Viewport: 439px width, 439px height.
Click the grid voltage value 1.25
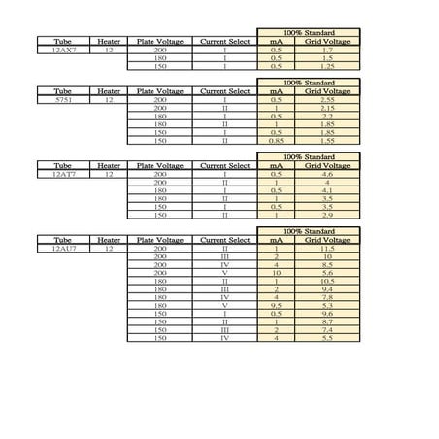(328, 66)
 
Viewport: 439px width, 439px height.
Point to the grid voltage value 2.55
(328, 99)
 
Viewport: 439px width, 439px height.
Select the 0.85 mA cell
(276, 141)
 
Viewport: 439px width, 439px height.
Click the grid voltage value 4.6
(328, 174)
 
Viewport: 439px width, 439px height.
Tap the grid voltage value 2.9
(328, 215)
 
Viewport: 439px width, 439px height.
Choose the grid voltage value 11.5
(328, 249)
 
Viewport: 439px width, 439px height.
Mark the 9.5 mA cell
(276, 306)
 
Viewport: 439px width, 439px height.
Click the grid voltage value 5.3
(328, 306)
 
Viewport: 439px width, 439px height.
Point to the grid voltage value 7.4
(328, 330)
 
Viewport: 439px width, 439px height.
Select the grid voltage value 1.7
(328, 50)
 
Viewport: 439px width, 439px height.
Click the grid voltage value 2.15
(328, 108)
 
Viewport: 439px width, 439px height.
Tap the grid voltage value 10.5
(328, 282)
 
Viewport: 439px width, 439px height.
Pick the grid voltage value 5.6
(328, 273)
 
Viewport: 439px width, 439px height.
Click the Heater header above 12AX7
(109, 41)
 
